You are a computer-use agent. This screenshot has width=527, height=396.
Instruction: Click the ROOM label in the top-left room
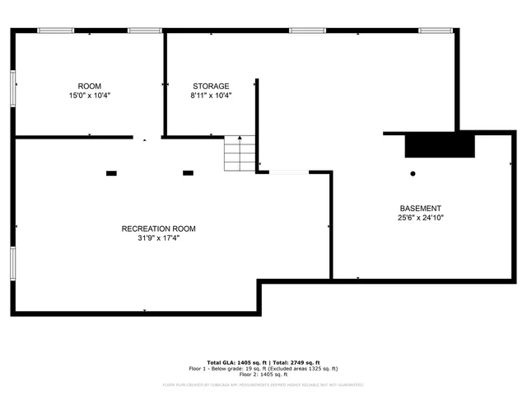[90, 87]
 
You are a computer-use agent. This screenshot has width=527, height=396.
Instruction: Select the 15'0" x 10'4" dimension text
[90, 96]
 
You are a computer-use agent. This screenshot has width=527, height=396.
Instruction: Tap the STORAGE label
[211, 86]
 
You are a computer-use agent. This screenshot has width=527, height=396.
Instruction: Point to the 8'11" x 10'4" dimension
[211, 96]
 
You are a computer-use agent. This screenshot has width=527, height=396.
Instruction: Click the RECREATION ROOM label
[159, 229]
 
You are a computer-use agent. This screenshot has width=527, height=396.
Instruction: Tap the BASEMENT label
[421, 209]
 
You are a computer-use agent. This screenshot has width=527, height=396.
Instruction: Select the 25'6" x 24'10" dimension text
[421, 219]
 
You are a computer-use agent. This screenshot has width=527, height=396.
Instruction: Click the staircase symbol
[240, 154]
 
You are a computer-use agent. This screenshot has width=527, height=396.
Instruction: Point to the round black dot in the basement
[413, 174]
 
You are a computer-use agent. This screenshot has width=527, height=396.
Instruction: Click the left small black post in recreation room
[111, 173]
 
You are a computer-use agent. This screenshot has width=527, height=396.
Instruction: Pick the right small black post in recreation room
[188, 173]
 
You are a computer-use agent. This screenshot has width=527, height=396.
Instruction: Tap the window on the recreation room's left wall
[12, 263]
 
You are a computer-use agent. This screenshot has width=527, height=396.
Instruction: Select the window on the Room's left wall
[13, 87]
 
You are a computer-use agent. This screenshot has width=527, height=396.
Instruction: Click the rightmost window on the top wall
[436, 31]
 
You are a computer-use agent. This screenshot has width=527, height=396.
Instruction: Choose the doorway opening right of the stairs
[285, 172]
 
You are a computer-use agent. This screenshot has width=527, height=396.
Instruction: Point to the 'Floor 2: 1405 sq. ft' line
[263, 375]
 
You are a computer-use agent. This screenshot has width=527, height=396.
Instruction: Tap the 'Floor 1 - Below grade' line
[263, 369]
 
